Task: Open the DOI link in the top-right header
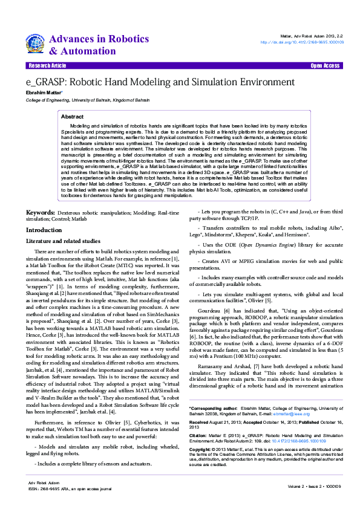point(302,42)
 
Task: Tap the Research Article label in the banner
point(47,65)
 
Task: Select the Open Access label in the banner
point(325,65)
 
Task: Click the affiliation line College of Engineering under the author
point(87,100)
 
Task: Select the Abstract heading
point(73,116)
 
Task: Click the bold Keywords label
point(40,213)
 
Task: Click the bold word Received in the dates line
point(200,423)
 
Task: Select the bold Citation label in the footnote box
point(198,435)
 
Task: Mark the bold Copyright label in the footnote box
point(201,450)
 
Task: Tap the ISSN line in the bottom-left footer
point(70,488)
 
